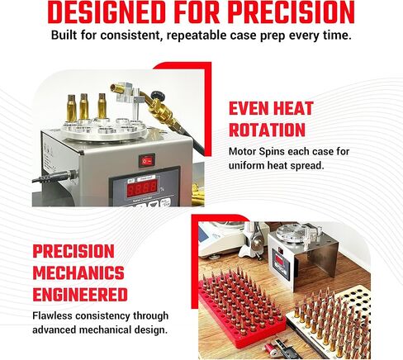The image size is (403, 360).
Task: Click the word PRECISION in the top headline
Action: coord(292,12)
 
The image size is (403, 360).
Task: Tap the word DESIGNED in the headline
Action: coord(107,12)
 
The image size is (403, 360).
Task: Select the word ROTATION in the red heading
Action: coord(267,130)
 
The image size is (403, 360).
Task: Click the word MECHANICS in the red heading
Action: coord(78,272)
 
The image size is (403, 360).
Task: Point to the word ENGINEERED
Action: coord(80,295)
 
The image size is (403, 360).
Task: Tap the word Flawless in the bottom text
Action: coord(52,315)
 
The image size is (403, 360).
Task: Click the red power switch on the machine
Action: coord(146,161)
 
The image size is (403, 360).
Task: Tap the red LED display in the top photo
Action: coord(142,188)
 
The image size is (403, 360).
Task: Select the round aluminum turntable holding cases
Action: coord(104,130)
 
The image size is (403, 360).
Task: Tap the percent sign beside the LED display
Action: coord(162,189)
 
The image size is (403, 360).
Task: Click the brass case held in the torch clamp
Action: coord(117,89)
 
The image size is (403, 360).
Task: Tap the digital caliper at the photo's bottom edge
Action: coord(278,349)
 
